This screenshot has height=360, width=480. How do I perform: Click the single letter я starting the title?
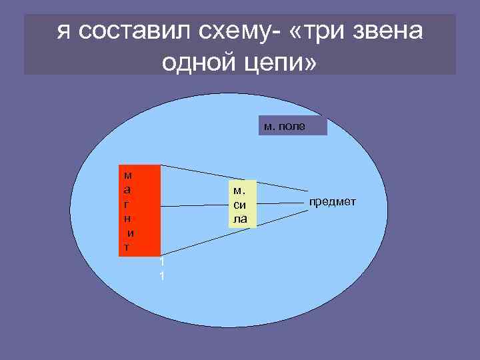(x=65, y=31)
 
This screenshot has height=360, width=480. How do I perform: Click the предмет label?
(x=332, y=201)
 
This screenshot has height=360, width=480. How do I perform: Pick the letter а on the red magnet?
(x=127, y=190)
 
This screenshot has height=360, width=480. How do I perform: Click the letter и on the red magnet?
(x=131, y=233)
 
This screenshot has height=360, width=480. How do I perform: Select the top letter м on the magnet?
(x=127, y=175)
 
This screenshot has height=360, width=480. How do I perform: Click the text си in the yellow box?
(x=240, y=207)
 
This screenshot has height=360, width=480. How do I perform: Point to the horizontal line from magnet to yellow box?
(x=195, y=205)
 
